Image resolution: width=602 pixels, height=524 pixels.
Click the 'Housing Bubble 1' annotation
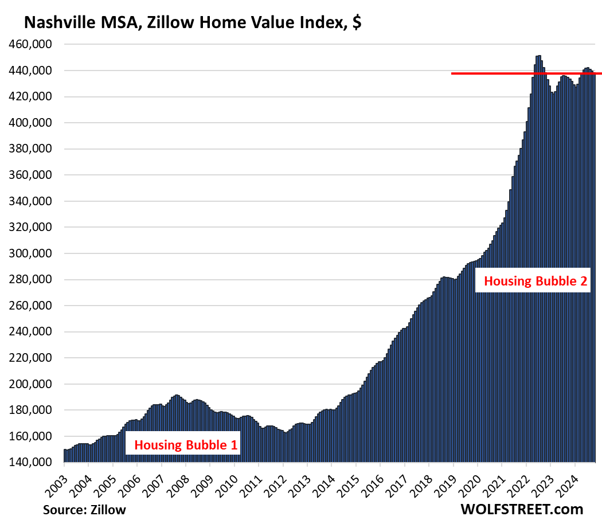[x=182, y=444]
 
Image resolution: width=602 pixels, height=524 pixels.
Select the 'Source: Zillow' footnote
[x=84, y=509]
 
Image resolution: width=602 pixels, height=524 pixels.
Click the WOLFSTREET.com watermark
[x=521, y=509]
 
